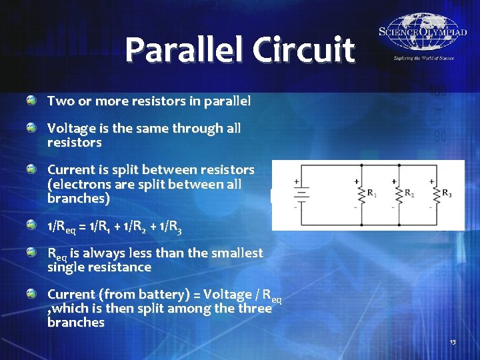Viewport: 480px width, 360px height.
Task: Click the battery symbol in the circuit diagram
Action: [301, 194]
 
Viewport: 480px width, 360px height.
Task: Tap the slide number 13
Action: [453, 342]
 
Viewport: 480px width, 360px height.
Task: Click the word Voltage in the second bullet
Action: [70, 128]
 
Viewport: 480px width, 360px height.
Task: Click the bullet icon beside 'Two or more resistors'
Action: [31, 100]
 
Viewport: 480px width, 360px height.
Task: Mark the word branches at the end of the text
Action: [76, 323]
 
